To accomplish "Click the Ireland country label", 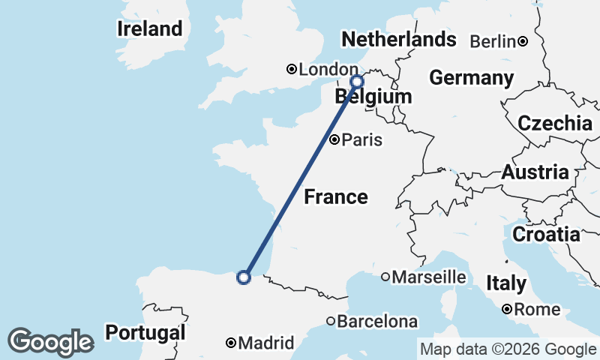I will (x=150, y=29).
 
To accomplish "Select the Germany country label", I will (x=471, y=78).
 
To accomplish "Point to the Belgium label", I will (x=373, y=96).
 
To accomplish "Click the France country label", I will (x=336, y=197).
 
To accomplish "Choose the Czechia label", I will (x=555, y=124).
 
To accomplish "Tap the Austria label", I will (x=535, y=172).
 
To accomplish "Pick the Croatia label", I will (x=546, y=235).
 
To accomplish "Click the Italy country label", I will (x=506, y=283).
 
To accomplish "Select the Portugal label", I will (x=145, y=332).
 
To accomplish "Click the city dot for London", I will (x=292, y=70).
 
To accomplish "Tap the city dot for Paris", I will (x=335, y=139).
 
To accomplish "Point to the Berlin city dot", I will (x=523, y=41).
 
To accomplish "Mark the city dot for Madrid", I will (x=231, y=343).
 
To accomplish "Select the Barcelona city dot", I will (x=331, y=322).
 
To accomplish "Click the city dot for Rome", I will (x=508, y=309).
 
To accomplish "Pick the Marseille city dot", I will (x=385, y=277).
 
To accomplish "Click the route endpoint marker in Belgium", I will (x=357, y=81).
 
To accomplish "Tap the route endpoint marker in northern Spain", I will (x=243, y=277).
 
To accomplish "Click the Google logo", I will (x=50, y=342).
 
